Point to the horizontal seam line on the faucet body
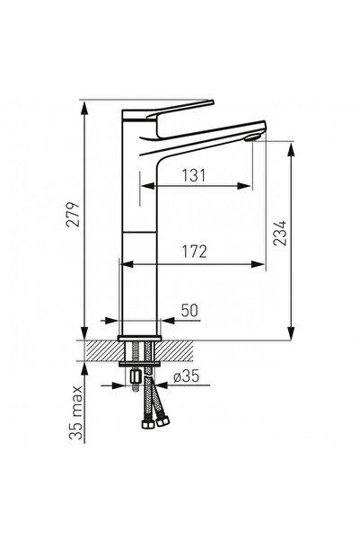(139, 228)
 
